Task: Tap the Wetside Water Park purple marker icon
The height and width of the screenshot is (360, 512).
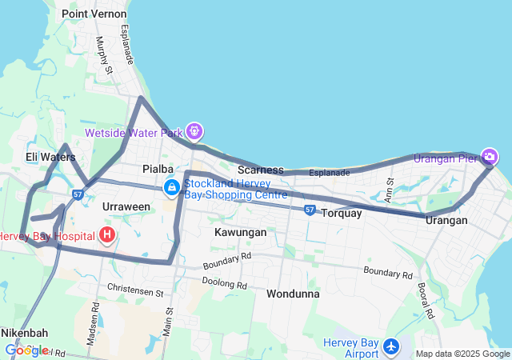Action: tap(194, 130)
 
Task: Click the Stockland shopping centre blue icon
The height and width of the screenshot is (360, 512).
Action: tap(172, 188)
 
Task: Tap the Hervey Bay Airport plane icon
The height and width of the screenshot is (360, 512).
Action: tap(391, 348)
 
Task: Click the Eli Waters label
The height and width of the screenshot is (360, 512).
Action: tap(50, 157)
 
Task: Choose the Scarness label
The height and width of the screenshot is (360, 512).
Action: tap(261, 170)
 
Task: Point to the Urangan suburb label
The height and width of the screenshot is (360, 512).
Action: tap(446, 220)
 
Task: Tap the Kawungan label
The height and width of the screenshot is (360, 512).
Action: tap(240, 232)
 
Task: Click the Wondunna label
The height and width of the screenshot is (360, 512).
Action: tap(293, 294)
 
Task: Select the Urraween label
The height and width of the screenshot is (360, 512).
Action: tap(126, 206)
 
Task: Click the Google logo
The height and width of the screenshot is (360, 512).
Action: tap(26, 350)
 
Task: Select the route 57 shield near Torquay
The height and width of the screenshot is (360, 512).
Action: tap(310, 210)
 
